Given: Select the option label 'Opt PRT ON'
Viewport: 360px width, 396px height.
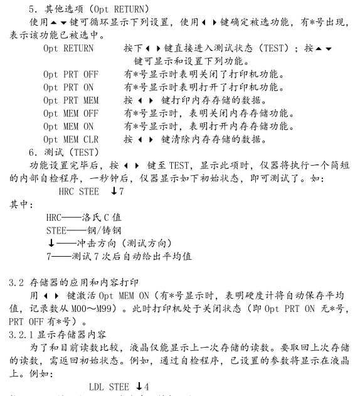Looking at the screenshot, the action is [68, 88].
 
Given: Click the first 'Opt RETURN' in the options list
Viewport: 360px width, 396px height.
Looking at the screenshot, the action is [68, 48].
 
